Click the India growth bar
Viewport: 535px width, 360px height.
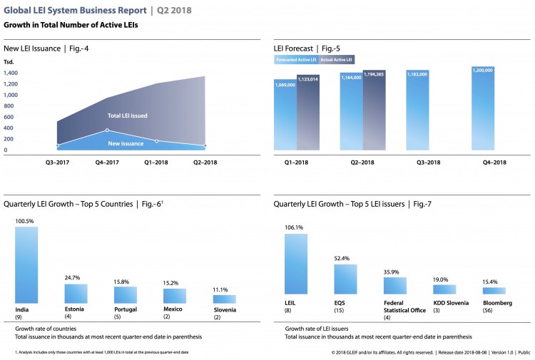point(26,265)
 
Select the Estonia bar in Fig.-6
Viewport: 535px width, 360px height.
point(76,294)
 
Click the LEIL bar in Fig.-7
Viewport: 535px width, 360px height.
point(295,264)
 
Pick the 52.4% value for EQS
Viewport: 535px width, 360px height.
point(344,258)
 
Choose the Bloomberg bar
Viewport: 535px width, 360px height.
point(494,291)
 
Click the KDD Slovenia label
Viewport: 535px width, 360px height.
point(451,303)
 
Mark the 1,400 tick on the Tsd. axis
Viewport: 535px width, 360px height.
point(14,73)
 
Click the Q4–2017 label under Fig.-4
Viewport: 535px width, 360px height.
point(107,163)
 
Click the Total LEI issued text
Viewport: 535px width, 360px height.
point(128,115)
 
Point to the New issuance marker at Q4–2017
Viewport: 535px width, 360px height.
point(107,130)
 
